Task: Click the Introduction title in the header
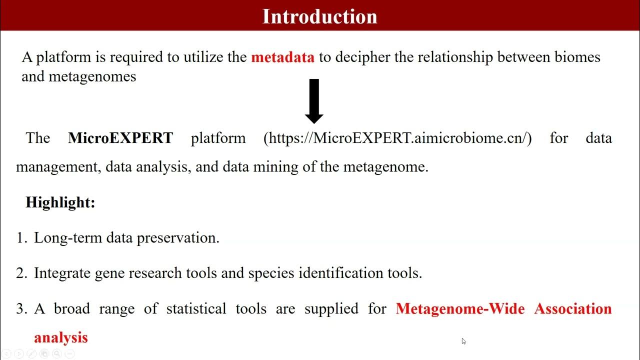point(319,16)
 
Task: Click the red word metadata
point(282,57)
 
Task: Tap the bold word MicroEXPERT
point(120,138)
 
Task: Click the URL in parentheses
point(397,138)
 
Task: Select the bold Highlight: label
point(60,202)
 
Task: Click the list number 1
point(21,238)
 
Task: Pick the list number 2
point(21,273)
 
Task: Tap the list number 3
point(21,309)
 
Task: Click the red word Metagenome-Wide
point(460,309)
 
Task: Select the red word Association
point(573,309)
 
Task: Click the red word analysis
point(60,338)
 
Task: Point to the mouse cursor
point(463,341)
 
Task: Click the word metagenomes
point(92,77)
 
